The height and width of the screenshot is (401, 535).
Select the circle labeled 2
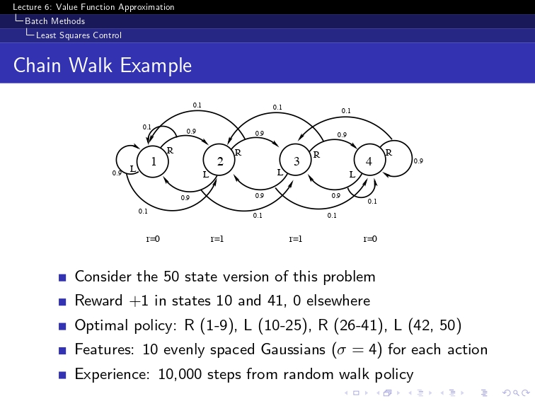tap(220, 161)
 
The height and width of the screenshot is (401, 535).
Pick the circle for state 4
tap(369, 161)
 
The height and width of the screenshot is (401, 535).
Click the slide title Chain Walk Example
tap(103, 66)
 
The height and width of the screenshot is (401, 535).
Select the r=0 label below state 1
tap(152, 238)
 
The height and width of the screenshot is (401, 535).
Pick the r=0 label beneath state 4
tap(369, 238)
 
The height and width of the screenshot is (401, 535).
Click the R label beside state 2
tap(238, 152)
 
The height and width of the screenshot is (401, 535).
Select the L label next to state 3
tap(280, 172)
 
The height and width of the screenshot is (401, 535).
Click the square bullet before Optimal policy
tap(62, 326)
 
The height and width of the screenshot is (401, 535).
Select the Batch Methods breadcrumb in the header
tap(54, 21)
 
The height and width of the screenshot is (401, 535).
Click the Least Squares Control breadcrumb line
tap(79, 35)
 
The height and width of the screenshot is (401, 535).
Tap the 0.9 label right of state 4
tap(418, 161)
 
